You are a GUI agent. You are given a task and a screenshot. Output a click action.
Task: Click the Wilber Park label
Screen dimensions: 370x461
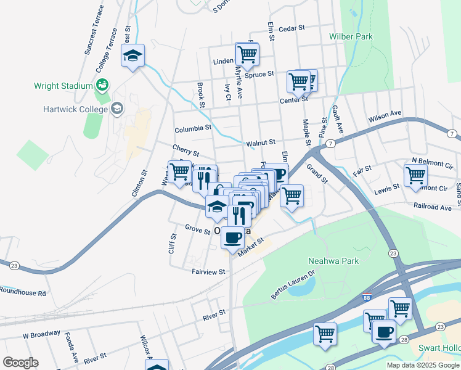[x=351, y=37]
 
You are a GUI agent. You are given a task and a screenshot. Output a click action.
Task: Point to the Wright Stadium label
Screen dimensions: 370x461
[x=63, y=86]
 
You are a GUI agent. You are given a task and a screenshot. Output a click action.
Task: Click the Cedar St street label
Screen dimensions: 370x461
[x=292, y=28]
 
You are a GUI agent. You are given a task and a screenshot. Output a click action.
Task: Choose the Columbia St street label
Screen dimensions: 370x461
[x=193, y=130]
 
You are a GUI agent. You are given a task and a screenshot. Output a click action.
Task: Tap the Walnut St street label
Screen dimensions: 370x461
[x=260, y=143]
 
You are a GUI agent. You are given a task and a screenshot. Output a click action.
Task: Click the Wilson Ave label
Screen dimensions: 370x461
[x=385, y=115]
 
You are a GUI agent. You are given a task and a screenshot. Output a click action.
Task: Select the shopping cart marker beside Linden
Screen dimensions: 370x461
[x=247, y=54]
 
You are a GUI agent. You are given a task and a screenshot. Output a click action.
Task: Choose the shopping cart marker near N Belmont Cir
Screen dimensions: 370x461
[x=415, y=175]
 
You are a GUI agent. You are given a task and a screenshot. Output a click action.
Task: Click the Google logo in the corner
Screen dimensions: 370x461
[x=20, y=363]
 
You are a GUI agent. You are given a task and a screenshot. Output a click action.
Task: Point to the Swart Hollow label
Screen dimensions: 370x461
[x=440, y=349]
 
